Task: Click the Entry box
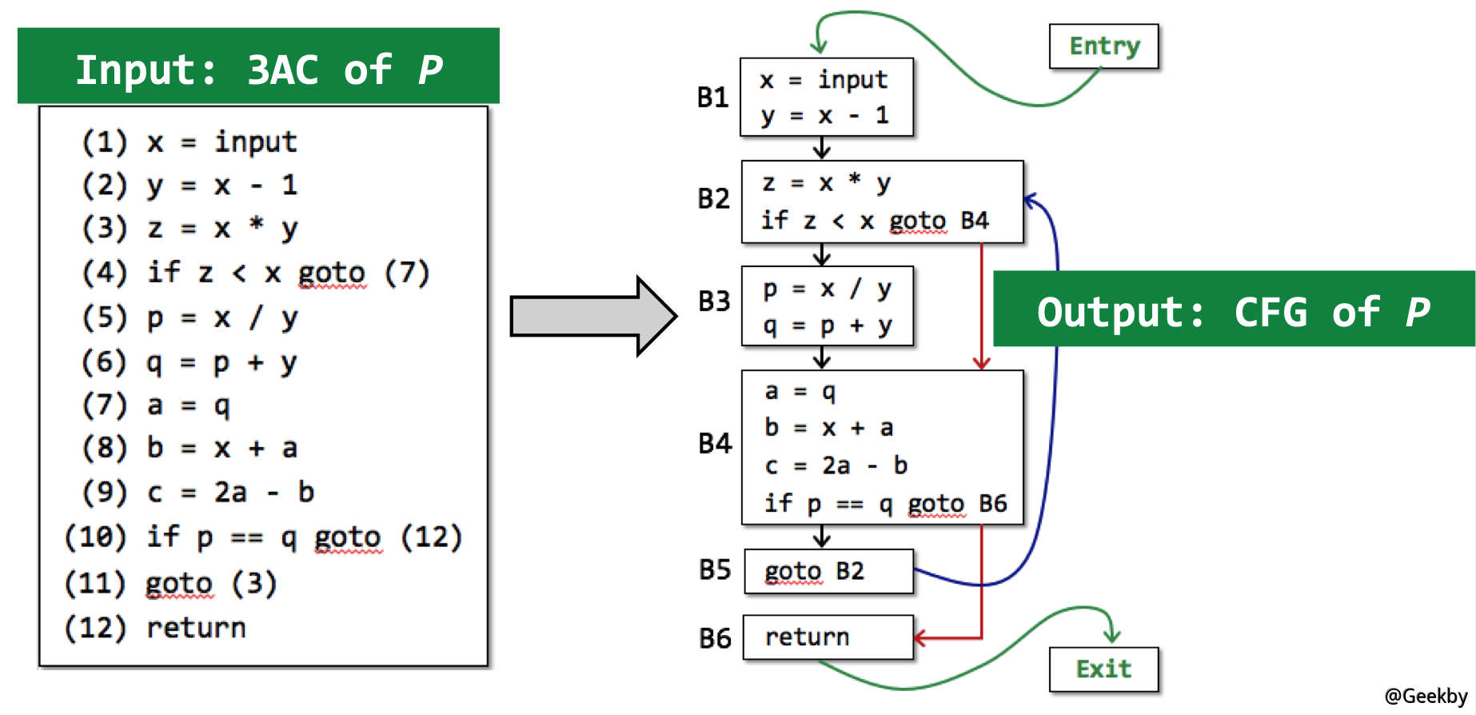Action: coord(1103,46)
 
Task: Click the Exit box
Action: coord(1103,669)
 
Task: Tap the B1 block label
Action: coord(712,98)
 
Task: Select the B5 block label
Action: coord(714,569)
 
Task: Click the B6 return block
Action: coord(828,637)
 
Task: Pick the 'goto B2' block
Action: coord(828,571)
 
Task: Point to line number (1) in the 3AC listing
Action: coord(105,142)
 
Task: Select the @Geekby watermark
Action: coord(1426,696)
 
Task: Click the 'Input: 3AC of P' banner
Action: coord(258,69)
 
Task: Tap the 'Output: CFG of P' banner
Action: coord(1233,311)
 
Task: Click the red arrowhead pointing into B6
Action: coord(920,637)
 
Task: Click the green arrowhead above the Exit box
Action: coord(1112,636)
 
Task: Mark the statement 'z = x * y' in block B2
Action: coord(826,183)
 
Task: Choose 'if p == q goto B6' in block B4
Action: coord(884,503)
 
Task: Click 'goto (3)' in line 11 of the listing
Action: coord(211,584)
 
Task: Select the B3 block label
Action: coord(714,302)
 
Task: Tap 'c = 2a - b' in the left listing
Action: coord(230,492)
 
